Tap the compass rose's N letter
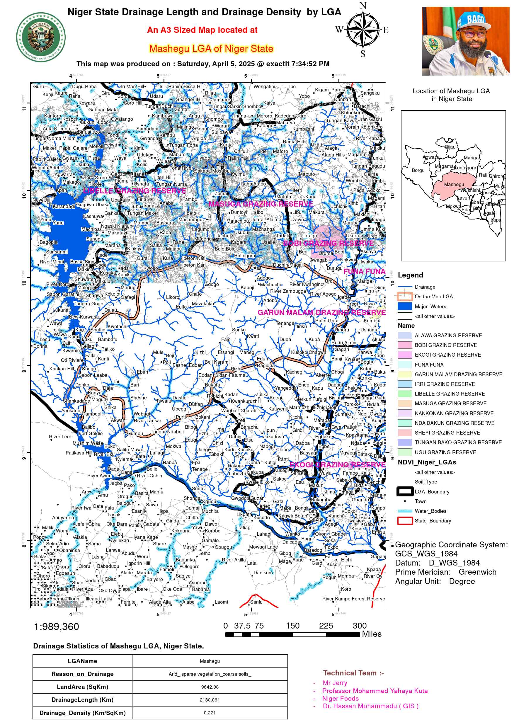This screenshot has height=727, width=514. point(363,6)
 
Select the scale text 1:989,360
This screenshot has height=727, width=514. point(56,626)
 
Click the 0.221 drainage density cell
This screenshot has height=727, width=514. point(209,713)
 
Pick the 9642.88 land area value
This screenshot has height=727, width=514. point(209,687)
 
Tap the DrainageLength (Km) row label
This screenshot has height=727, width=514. point(82,699)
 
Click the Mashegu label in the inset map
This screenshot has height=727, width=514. point(454,184)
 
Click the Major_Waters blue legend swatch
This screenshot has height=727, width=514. point(404,306)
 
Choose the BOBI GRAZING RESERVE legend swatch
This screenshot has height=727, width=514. point(404,345)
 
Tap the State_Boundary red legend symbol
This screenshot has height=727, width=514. point(404,520)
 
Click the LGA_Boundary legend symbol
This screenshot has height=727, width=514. point(404,491)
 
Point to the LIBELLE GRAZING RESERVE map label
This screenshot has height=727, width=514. point(134,191)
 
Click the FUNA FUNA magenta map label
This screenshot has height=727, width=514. point(364,271)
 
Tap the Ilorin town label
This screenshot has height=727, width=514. point(74,598)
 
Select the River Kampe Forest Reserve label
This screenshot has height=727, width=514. point(353,598)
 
